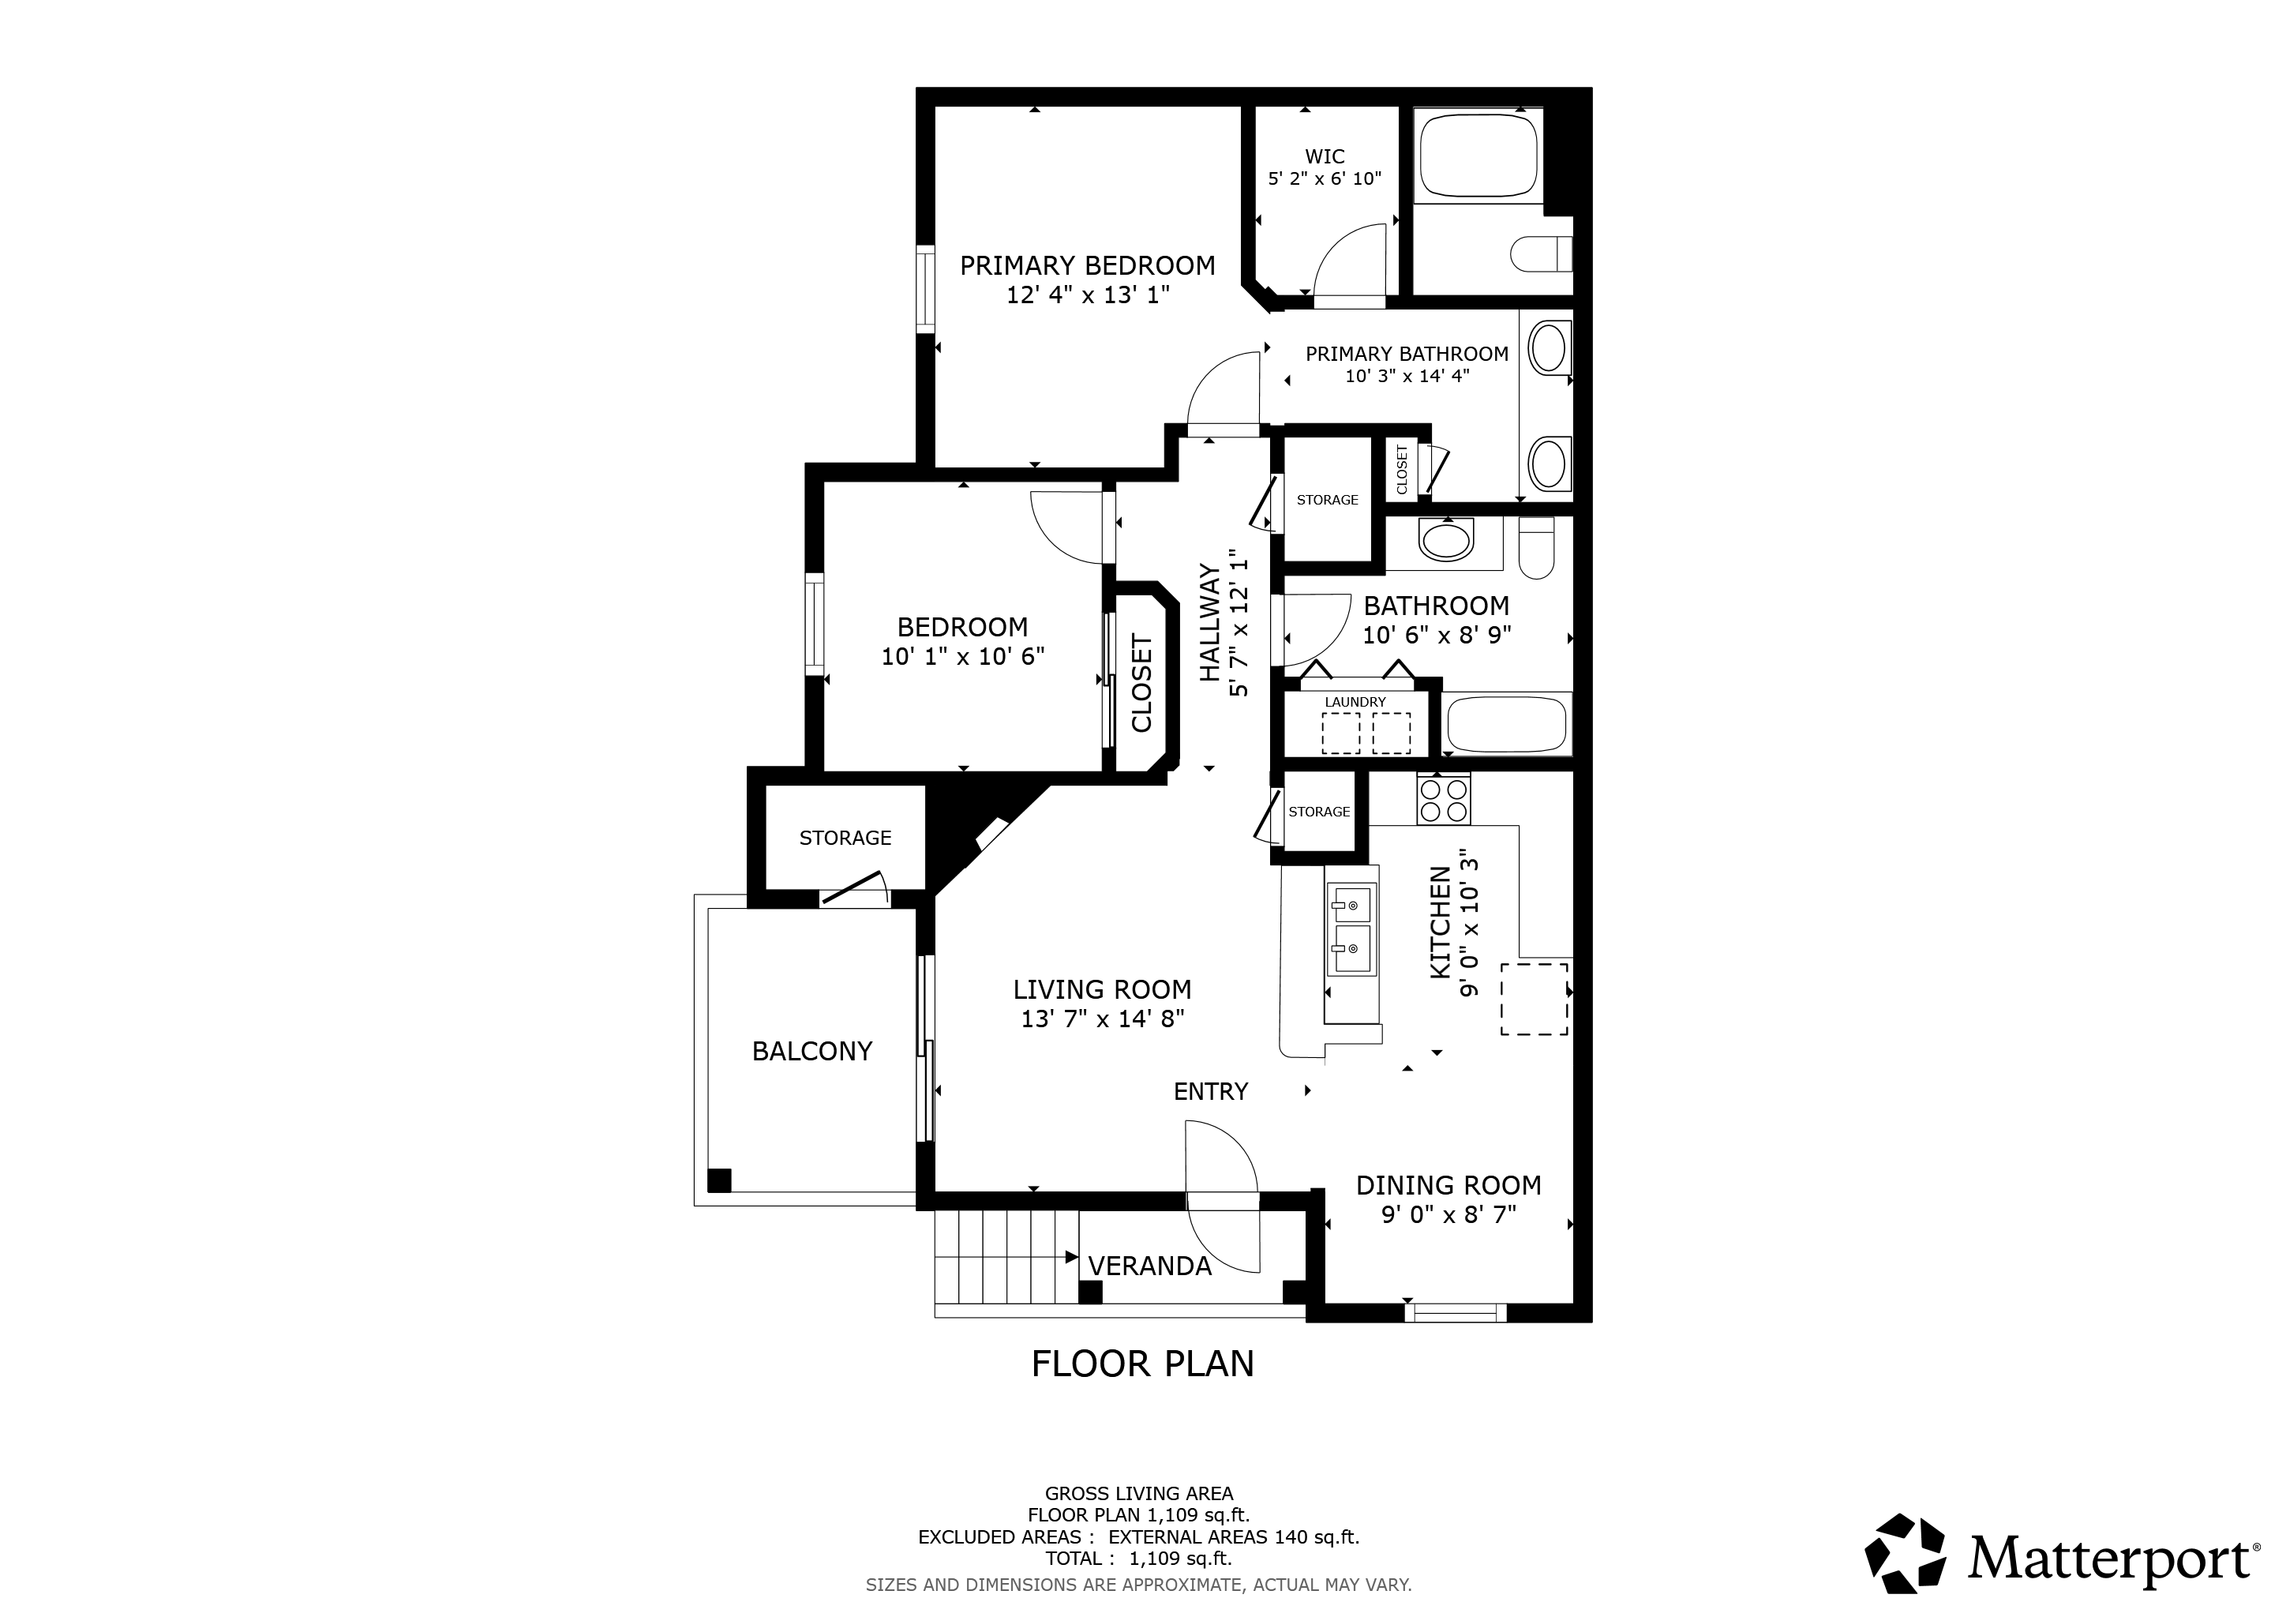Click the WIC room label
(1325, 156)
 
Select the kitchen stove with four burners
(1444, 798)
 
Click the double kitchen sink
(1351, 929)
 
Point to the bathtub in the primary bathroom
(1478, 156)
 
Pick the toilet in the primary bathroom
(1540, 254)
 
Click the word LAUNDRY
(1355, 702)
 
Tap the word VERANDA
(1149, 1266)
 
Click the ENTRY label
(1211, 1091)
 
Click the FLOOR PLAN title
(1143, 1363)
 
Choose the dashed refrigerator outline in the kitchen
(1535, 999)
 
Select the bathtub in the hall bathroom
(1508, 724)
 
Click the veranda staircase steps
(1006, 1255)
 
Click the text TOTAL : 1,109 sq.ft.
(1138, 1559)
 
